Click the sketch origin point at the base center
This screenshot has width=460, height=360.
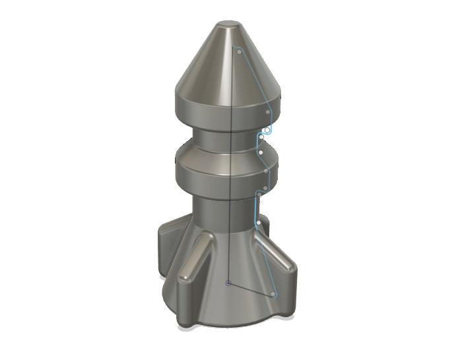click(x=228, y=284)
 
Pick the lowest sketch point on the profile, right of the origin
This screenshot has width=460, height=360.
click(x=273, y=293)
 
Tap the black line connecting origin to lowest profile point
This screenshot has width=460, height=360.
click(x=251, y=289)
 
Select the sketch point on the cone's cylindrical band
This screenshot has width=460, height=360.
click(x=267, y=112)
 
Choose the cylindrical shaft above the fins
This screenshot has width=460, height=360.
click(x=211, y=211)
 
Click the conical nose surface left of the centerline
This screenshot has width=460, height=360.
click(x=205, y=66)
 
